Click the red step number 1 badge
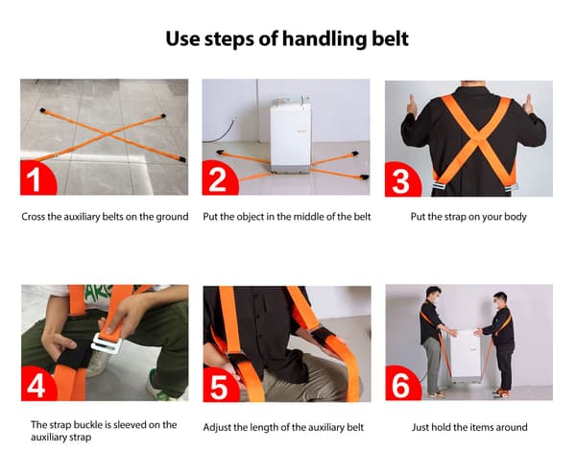(36, 178)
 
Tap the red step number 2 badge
(219, 178)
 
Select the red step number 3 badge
(402, 180)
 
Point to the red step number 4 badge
(37, 384)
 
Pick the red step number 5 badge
(220, 386)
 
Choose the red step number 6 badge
(402, 384)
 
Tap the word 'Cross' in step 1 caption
(33, 217)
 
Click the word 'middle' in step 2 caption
(310, 217)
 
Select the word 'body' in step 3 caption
(516, 217)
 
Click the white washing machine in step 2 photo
(291, 135)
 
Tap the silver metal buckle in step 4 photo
(107, 343)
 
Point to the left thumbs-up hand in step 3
(412, 105)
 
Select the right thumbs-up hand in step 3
(528, 105)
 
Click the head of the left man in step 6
(434, 295)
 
